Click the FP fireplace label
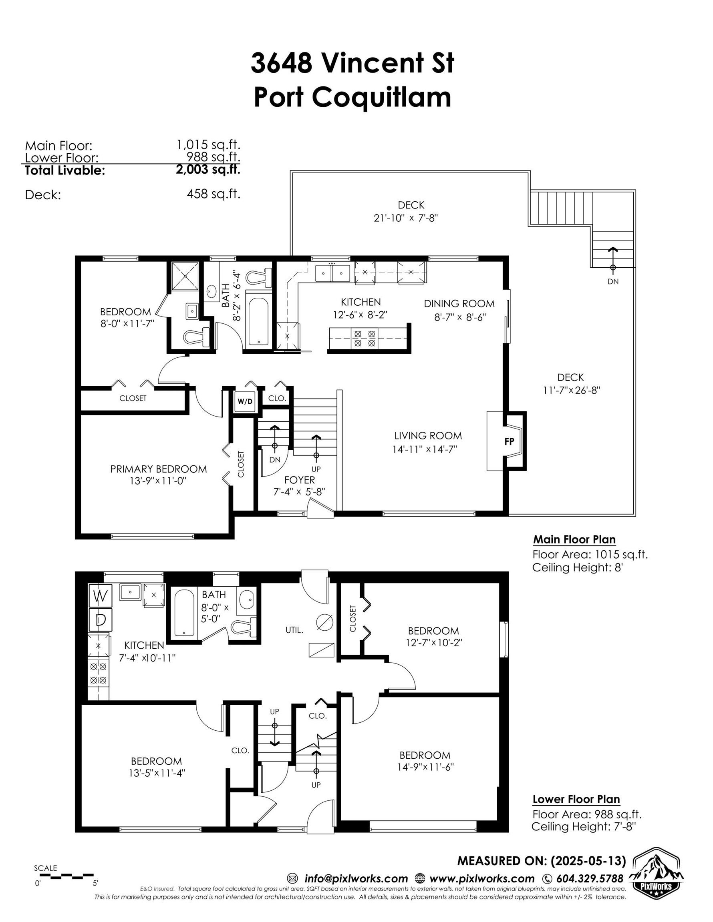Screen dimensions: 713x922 coord(509,441)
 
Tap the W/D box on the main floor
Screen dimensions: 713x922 coord(245,401)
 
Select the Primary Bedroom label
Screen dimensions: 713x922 coord(159,469)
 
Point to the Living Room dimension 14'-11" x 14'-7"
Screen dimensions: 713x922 coord(425,449)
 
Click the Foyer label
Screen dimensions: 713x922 coord(300,480)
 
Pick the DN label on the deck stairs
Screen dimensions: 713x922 coord(613,282)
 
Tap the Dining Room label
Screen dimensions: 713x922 coord(459,304)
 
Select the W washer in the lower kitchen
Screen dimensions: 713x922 coord(100,596)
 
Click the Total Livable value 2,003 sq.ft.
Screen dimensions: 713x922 coord(208,169)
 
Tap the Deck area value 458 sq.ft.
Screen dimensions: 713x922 coord(213,194)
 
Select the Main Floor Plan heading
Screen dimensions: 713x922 coord(574,539)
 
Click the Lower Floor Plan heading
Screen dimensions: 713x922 coord(576,799)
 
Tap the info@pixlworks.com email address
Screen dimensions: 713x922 coord(356,878)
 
